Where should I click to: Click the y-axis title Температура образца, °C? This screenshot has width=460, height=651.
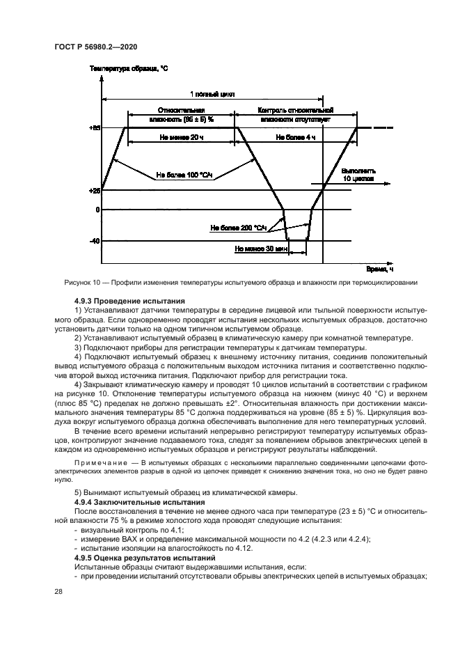pos(129,70)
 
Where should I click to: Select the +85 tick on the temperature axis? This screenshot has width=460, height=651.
pos(95,128)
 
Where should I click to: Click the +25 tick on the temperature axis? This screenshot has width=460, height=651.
pos(95,190)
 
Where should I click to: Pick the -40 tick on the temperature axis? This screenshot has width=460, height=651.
pos(95,241)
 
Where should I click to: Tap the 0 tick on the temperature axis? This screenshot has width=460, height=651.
pos(97,210)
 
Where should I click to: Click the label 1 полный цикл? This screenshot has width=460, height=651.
pos(212,93)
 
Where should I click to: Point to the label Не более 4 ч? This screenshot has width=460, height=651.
pos(296,138)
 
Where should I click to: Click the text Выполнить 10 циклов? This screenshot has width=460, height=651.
pos(359,174)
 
